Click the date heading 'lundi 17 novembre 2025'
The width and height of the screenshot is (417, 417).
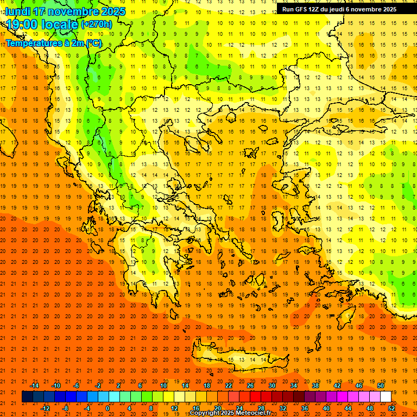click(x=65, y=11)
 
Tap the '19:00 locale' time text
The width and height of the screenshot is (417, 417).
click(x=42, y=24)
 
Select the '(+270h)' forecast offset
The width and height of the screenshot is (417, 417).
click(x=97, y=24)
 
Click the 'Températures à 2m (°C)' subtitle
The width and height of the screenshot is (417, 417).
click(x=53, y=43)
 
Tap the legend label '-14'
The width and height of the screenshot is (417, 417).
click(x=34, y=386)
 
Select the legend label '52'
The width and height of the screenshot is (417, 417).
click(x=391, y=408)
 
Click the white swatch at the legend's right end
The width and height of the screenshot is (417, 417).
click(x=386, y=397)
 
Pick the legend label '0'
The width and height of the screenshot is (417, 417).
click(x=108, y=408)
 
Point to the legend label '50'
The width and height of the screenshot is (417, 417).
click(x=381, y=386)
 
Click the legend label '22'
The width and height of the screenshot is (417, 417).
click(x=229, y=386)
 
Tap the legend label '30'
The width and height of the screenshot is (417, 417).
click(x=272, y=386)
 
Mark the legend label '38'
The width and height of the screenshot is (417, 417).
click(x=315, y=386)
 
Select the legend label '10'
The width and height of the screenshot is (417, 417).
click(x=163, y=386)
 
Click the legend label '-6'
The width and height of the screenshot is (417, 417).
click(x=77, y=386)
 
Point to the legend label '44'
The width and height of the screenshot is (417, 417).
click(x=348, y=408)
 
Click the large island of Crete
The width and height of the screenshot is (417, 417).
click(x=239, y=358)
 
